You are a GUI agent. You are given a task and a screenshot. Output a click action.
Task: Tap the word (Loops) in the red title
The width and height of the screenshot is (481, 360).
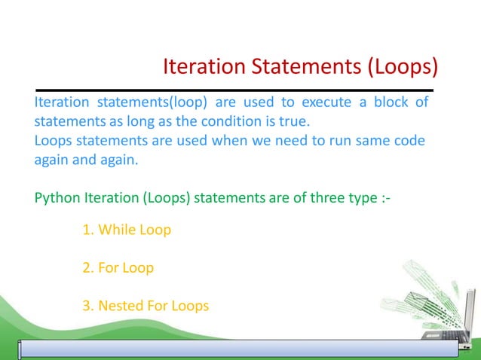403,68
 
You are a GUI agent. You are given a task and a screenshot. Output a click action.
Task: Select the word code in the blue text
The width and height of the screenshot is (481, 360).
407,141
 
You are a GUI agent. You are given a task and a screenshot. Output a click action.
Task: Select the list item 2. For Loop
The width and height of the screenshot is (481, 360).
118,267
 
